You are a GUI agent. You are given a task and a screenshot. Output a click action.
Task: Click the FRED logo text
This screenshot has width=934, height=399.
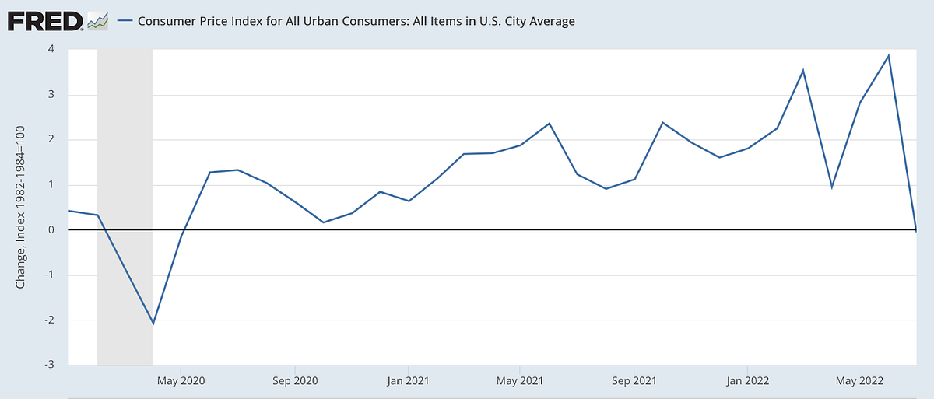point(45,20)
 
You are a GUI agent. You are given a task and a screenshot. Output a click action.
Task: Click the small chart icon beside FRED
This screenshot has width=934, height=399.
point(97,21)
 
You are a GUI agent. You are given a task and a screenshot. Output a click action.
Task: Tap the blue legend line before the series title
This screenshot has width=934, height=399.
point(125,22)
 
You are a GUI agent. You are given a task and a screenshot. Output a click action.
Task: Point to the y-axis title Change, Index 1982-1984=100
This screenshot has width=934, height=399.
point(21,207)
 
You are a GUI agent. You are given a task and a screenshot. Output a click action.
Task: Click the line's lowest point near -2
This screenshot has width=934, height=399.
point(153,323)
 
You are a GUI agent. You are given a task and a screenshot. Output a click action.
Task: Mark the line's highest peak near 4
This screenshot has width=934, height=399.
point(888,56)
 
